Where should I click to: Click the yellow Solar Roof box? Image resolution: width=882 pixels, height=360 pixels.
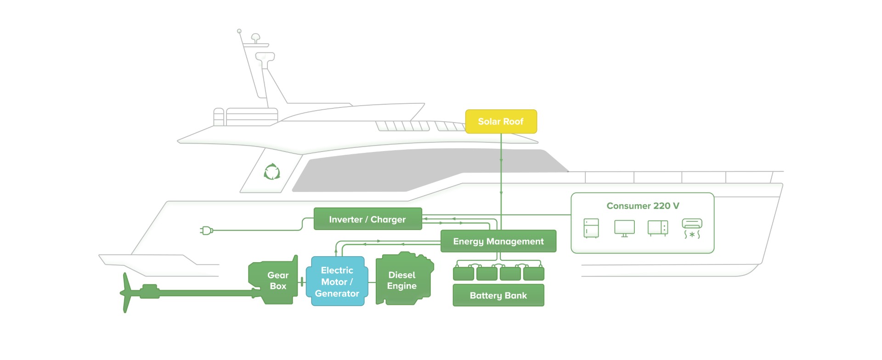tap(501, 122)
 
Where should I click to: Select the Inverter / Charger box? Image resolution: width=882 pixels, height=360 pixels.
tap(367, 219)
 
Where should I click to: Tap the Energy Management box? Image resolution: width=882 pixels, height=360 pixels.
tap(498, 241)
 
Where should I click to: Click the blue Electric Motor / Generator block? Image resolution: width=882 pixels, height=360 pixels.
tap(337, 281)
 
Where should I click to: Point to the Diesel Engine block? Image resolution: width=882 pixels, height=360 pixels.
tap(403, 281)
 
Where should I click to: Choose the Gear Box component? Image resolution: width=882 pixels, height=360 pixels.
tap(276, 281)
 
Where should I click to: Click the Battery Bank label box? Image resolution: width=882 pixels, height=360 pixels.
tap(498, 295)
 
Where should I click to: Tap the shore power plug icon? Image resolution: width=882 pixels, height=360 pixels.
tap(207, 231)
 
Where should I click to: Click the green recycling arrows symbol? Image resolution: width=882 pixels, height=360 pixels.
tap(272, 172)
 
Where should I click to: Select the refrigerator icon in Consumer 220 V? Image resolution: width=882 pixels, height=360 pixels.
tap(591, 228)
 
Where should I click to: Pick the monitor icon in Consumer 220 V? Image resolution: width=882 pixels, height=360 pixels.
tap(624, 228)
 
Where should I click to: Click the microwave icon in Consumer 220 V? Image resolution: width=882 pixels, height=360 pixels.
tap(658, 228)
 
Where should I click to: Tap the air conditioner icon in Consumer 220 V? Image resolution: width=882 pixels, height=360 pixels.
tap(692, 228)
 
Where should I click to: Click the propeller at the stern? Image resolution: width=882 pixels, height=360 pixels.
tap(125, 293)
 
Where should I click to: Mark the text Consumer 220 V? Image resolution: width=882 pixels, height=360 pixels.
tap(643, 206)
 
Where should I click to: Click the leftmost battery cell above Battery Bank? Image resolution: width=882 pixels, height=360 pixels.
tap(464, 274)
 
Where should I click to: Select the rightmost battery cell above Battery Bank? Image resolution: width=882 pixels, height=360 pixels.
tap(534, 274)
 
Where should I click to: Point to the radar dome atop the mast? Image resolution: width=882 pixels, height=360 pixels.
tap(255, 37)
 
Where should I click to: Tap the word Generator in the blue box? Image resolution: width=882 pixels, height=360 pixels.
tap(337, 293)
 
